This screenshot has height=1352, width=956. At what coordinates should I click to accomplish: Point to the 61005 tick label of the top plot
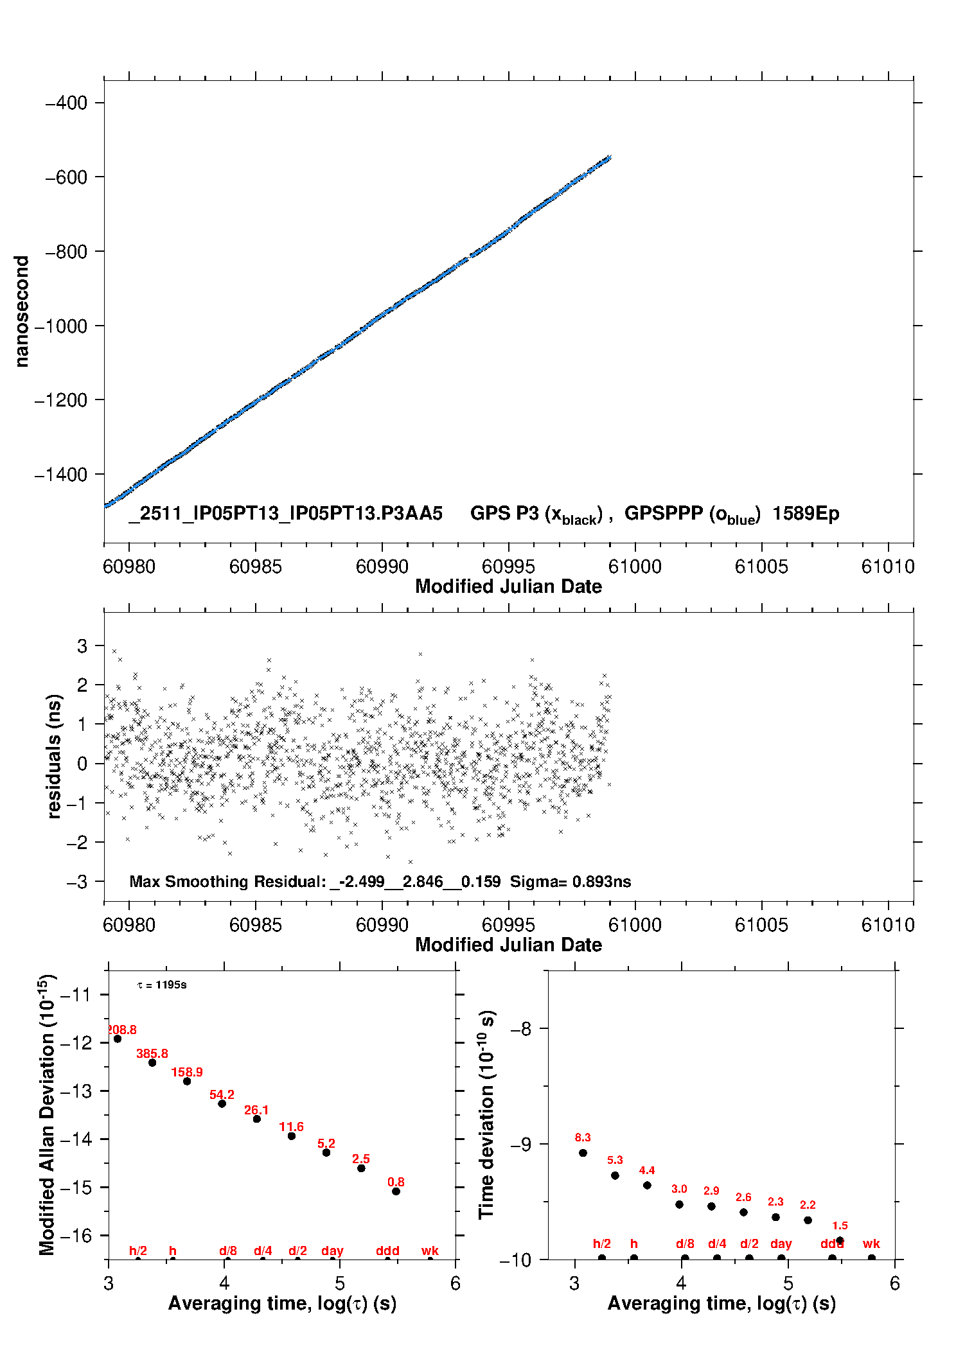(x=761, y=566)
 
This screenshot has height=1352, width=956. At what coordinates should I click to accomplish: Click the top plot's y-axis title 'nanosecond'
(x=22, y=312)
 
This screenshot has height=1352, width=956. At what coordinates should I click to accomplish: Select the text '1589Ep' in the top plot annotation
(x=806, y=514)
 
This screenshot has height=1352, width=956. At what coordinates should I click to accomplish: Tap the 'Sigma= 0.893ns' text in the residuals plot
(x=571, y=881)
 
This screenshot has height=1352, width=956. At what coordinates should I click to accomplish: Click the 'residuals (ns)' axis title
(x=54, y=756)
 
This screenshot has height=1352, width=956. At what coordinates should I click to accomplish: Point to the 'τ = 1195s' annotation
(x=162, y=985)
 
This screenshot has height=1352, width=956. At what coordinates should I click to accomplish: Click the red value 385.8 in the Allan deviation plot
(x=152, y=1054)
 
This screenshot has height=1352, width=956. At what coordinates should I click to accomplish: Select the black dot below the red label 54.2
(x=222, y=1103)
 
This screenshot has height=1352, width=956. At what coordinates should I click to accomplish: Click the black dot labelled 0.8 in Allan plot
(x=396, y=1191)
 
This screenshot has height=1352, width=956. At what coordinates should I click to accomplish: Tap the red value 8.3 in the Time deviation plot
(x=583, y=1137)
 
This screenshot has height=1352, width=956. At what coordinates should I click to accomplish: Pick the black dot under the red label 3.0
(x=679, y=1204)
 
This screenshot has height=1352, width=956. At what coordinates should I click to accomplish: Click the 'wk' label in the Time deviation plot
(x=871, y=1244)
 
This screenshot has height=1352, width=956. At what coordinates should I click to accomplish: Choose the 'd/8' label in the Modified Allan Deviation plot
(x=228, y=1251)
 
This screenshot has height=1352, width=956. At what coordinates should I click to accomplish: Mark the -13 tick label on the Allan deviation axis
(x=75, y=1091)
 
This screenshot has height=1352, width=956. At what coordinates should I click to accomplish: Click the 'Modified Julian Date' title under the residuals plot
(x=508, y=945)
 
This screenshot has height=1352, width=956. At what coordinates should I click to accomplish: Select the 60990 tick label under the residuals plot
(x=382, y=925)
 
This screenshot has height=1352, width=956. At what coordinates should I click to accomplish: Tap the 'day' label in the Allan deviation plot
(x=332, y=1251)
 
